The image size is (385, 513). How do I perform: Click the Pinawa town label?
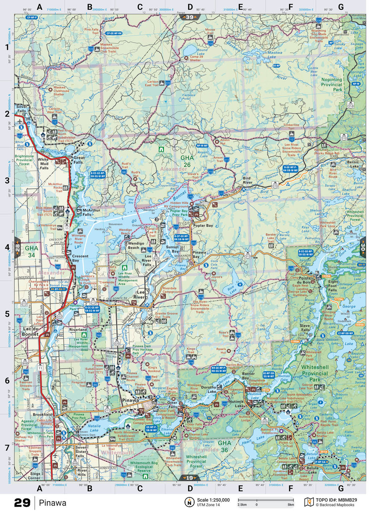[131, 400]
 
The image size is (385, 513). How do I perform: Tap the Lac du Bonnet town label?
[30, 331]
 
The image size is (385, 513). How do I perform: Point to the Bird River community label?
[247, 180]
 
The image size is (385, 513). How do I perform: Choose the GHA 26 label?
[187, 161]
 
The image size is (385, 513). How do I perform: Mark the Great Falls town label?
[79, 160]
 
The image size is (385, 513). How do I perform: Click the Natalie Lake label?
[94, 428]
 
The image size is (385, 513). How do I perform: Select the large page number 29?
[22, 502]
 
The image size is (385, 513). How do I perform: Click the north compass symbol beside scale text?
[190, 502]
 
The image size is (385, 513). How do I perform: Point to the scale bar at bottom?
[265, 500]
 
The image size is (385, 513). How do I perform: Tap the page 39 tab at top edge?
[190, 17]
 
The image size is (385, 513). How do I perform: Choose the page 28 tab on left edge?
[18, 247]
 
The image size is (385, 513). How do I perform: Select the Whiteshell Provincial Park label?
[315, 373]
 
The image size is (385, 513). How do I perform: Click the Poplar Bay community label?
[203, 226]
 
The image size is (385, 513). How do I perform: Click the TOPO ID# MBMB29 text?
[336, 500]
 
